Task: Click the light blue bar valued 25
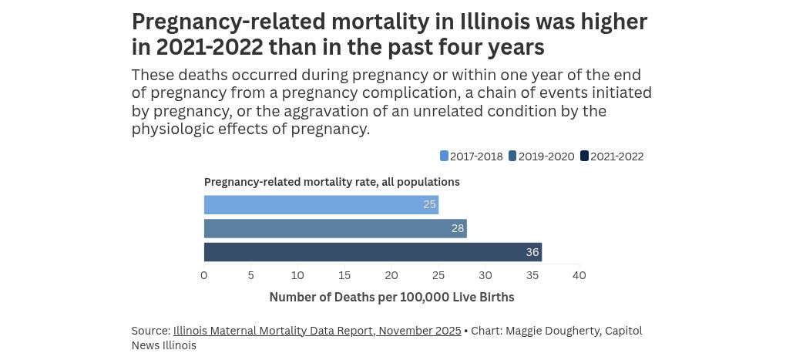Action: [x=321, y=204]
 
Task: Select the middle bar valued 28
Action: [x=335, y=228]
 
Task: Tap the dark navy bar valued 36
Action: [x=372, y=252]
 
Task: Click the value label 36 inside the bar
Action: [x=532, y=252]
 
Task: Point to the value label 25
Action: [x=429, y=204]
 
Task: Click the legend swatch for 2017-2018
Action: [x=444, y=156]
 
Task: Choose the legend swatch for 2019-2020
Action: [x=512, y=156]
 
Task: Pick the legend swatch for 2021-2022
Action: [x=584, y=156]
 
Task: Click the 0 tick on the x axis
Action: [x=204, y=275]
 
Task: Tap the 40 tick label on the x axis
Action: [x=579, y=275]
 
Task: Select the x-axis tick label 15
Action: [x=344, y=275]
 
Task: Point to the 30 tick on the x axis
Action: [x=485, y=275]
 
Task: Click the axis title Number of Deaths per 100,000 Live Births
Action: [x=391, y=297]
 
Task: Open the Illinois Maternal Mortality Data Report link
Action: [x=317, y=331]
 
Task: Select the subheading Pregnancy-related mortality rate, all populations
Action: [x=331, y=182]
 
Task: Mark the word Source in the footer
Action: [x=149, y=331]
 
